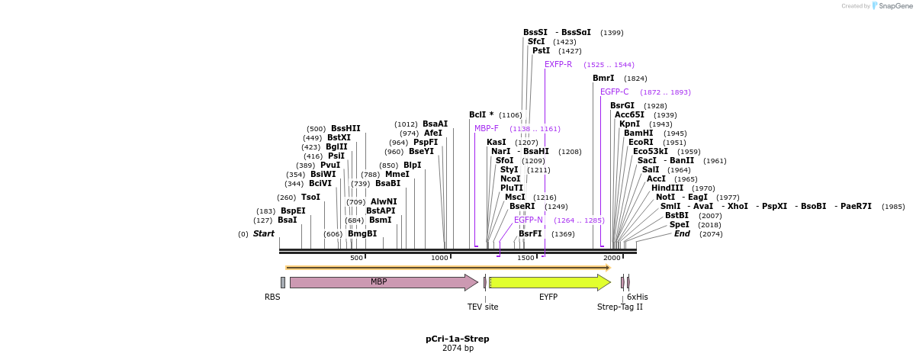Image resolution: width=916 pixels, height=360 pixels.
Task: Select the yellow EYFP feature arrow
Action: point(549,282)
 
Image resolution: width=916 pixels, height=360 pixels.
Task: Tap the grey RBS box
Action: point(282,282)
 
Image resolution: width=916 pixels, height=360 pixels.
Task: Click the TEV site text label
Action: point(483,307)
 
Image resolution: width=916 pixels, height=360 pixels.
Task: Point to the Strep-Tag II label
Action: point(619,307)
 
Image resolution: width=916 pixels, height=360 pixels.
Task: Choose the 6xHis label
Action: point(638,297)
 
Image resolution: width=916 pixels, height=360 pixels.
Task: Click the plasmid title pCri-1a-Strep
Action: point(458,339)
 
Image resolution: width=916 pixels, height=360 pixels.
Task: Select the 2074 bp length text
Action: point(458,349)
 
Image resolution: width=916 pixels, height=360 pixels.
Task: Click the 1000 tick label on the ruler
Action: point(440,259)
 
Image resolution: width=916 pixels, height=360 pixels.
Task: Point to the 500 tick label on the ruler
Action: point(356,259)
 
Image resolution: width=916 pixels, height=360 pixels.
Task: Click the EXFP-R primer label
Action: point(558,65)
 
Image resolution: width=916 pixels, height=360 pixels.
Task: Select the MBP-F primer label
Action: point(487,129)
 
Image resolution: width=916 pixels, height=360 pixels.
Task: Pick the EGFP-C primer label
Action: point(614,92)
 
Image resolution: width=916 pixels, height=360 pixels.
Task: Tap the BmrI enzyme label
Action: point(603,79)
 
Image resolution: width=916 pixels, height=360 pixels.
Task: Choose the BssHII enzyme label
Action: point(346,129)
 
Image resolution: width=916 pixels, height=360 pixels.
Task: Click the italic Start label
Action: point(263,234)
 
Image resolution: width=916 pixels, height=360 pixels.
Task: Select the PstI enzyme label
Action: point(541,51)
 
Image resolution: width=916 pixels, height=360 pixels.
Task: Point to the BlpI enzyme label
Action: point(412,166)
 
